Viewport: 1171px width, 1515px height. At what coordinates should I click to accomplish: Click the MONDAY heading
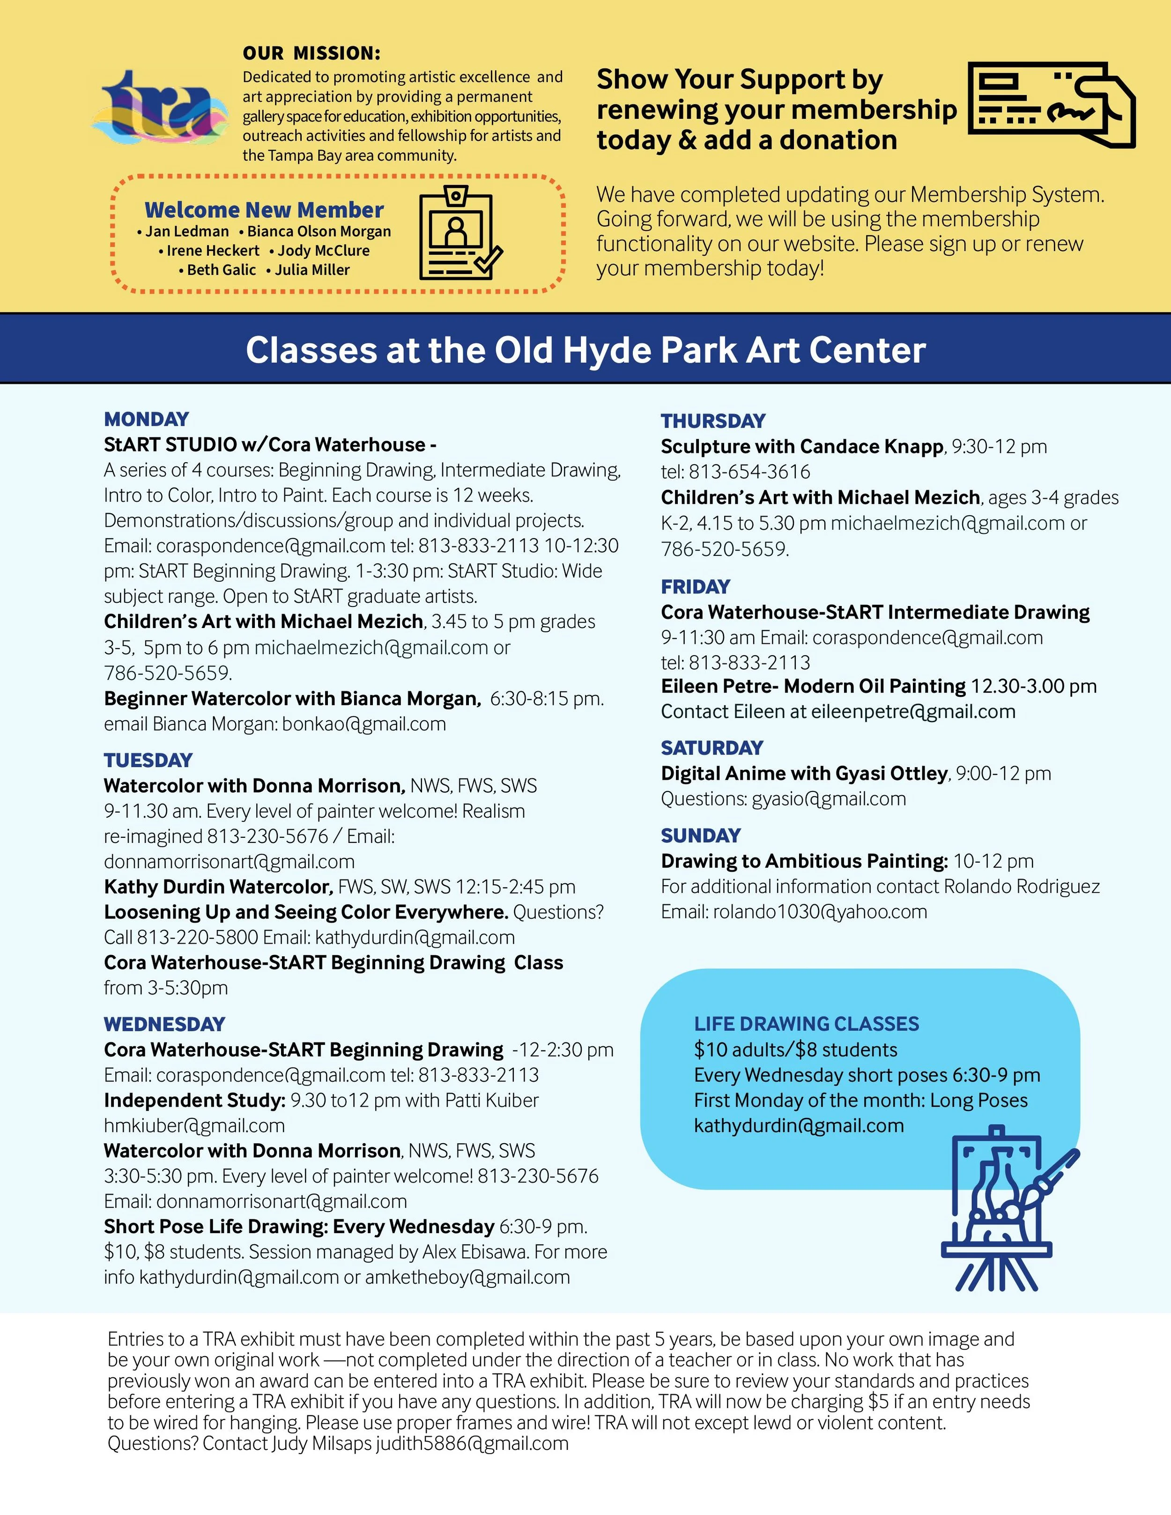click(x=146, y=419)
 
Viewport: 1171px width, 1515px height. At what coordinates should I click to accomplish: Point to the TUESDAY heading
click(x=148, y=760)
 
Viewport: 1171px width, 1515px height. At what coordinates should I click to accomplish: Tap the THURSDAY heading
click(x=713, y=421)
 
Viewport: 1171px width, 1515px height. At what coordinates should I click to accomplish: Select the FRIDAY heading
click(x=695, y=587)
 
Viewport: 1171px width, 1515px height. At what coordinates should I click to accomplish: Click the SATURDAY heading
click(x=712, y=748)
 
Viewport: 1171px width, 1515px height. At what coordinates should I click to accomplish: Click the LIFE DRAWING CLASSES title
click(x=806, y=1024)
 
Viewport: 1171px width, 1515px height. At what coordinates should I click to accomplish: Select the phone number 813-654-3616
click(x=749, y=472)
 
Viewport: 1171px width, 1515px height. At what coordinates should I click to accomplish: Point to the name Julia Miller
click(x=311, y=270)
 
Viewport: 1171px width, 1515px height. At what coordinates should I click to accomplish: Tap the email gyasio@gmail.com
click(x=829, y=799)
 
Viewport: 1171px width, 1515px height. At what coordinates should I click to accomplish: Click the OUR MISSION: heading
click(x=311, y=53)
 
